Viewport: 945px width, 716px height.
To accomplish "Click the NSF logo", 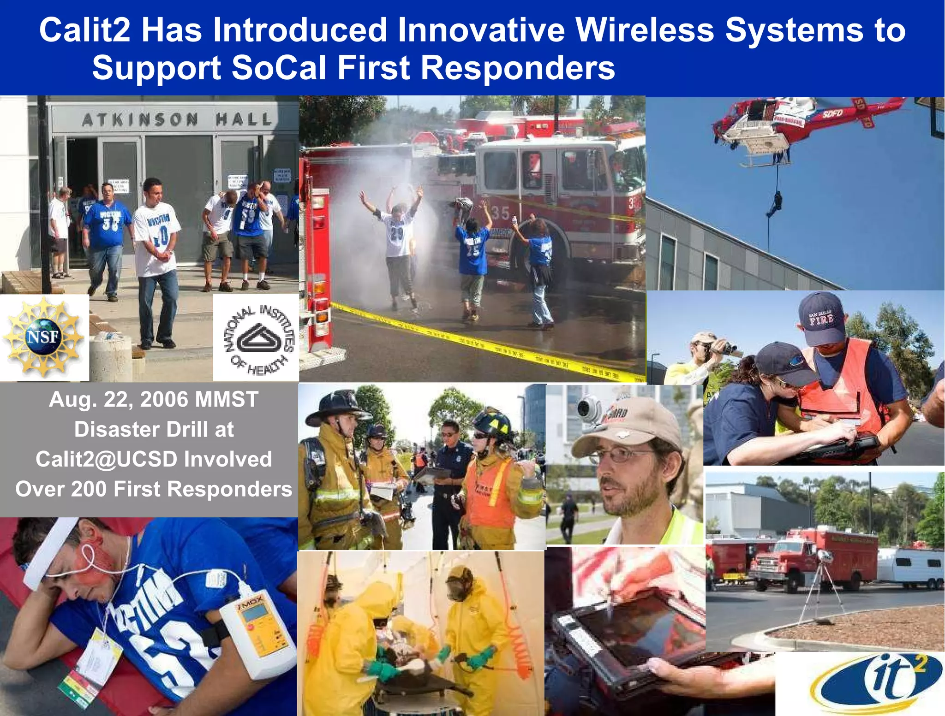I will [43, 337].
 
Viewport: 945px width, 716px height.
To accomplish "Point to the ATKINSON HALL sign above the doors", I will [177, 120].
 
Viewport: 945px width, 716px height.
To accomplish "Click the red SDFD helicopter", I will [780, 127].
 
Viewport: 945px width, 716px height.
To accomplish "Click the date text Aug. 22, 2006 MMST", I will [153, 399].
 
